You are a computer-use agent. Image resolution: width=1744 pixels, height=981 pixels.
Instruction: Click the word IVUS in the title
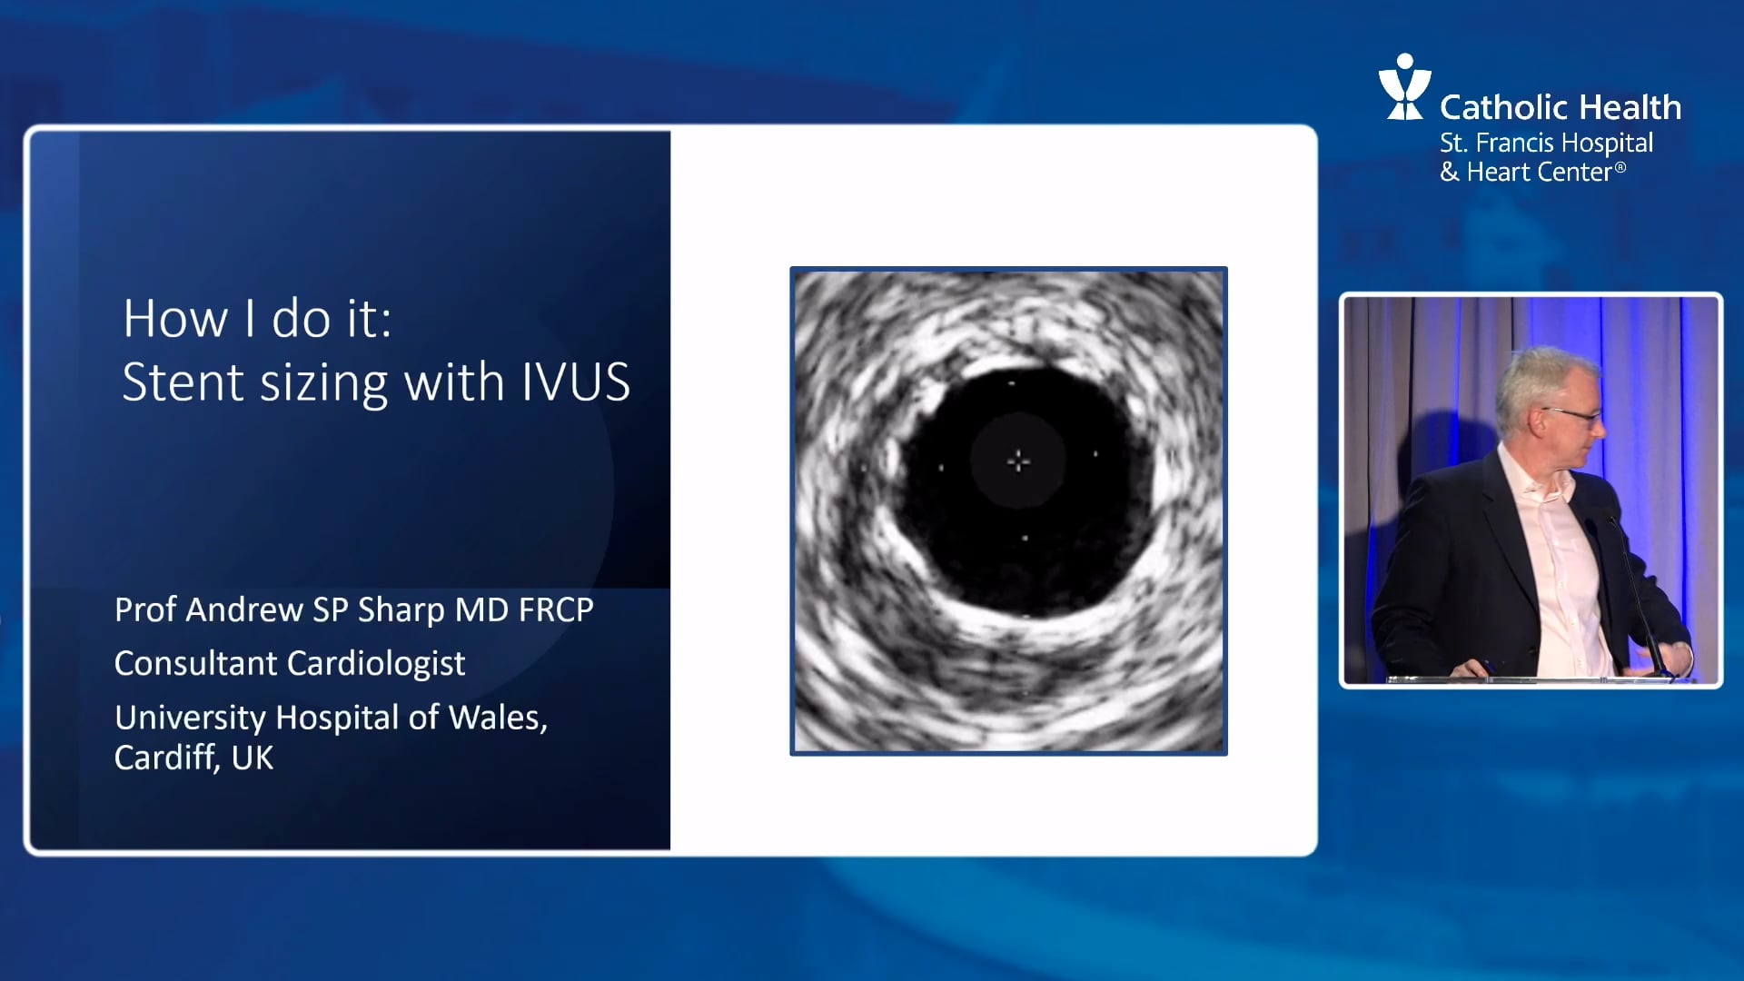click(x=575, y=382)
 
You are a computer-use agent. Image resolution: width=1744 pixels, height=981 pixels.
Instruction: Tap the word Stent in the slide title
click(x=183, y=382)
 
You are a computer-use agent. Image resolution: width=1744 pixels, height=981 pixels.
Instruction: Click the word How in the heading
click(x=175, y=319)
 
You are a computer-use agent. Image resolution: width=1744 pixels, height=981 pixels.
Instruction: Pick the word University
click(x=190, y=718)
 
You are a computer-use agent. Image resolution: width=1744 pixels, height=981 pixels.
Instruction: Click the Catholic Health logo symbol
click(x=1404, y=87)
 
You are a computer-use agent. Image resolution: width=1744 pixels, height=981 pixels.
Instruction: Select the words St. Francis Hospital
click(x=1546, y=143)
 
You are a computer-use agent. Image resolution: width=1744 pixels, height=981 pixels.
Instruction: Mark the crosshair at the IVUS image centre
click(x=1018, y=461)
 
